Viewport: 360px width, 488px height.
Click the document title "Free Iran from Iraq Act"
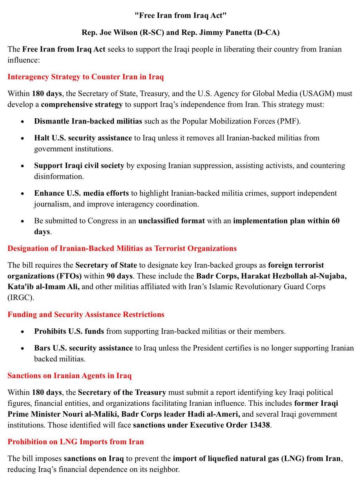[x=180, y=15]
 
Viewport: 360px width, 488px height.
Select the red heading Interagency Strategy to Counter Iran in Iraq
[x=86, y=77]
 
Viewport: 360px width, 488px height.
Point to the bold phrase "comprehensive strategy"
[x=82, y=104]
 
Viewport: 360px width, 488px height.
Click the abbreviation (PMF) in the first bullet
[x=288, y=121]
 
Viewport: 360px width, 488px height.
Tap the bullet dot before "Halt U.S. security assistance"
[x=22, y=138]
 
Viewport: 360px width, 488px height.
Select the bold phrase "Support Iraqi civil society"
[x=79, y=165]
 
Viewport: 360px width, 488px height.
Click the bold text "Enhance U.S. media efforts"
[x=81, y=193]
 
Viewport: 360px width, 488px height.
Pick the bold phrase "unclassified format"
[x=171, y=221]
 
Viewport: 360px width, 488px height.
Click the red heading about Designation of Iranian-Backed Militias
[x=122, y=248]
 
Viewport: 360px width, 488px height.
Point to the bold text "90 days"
[x=119, y=276]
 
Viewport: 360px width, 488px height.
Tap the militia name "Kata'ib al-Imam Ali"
[x=43, y=287]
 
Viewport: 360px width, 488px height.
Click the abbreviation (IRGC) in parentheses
[x=21, y=298]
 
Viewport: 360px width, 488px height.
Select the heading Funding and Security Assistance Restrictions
[x=86, y=314]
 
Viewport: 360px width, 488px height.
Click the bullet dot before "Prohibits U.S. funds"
[x=22, y=332]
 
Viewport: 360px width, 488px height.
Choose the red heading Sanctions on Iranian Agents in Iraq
[x=70, y=376]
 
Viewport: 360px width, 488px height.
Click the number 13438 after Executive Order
[x=260, y=425]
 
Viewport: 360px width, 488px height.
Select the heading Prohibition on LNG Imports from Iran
[x=76, y=442]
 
